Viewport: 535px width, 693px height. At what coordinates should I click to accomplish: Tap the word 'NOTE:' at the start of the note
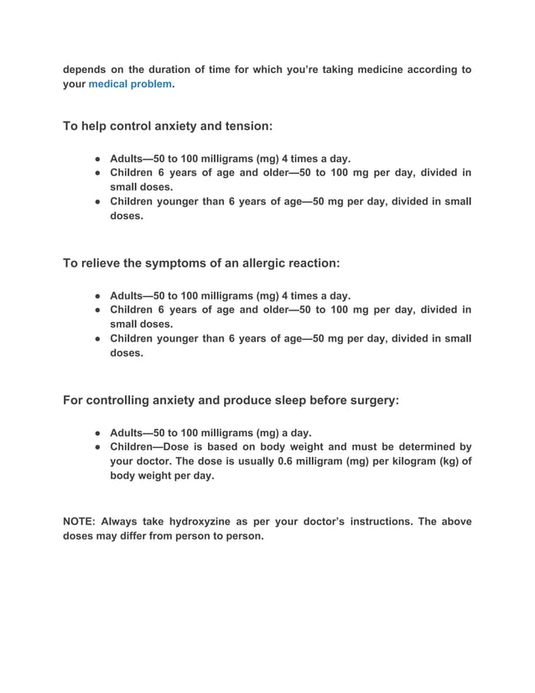coord(82,522)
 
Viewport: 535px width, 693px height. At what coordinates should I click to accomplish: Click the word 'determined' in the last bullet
coord(421,447)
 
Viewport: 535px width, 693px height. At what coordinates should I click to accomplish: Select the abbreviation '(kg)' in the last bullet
coord(429,461)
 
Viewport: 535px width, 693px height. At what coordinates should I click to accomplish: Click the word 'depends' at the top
coord(86,70)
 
